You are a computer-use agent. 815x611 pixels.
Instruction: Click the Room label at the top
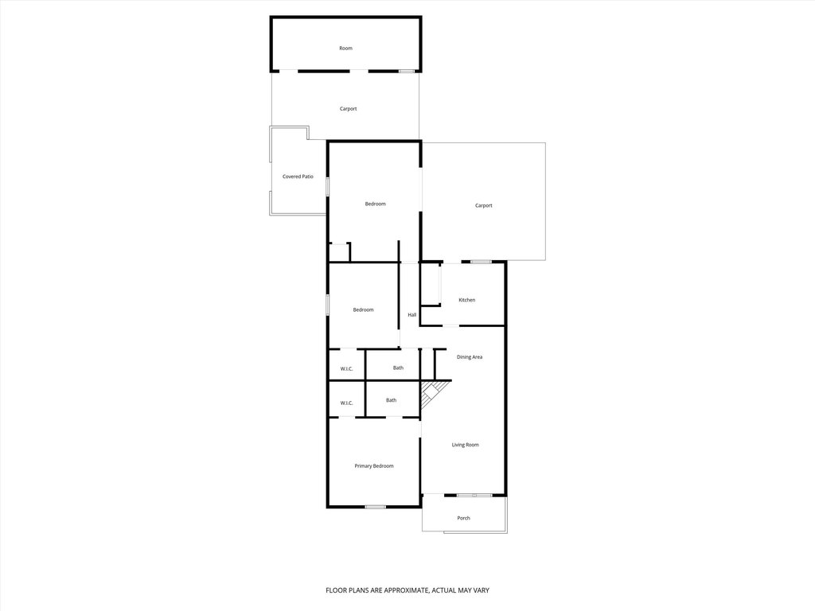pyautogui.click(x=345, y=49)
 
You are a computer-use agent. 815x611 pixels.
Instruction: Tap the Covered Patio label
pyautogui.click(x=298, y=177)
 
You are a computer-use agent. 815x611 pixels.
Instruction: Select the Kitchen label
pyautogui.click(x=466, y=300)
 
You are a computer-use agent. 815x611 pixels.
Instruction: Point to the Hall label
pyautogui.click(x=412, y=315)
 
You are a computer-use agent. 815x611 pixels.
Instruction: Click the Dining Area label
pyautogui.click(x=470, y=357)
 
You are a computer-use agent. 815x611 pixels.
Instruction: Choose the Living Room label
pyautogui.click(x=465, y=445)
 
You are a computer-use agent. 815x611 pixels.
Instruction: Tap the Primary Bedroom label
pyautogui.click(x=374, y=466)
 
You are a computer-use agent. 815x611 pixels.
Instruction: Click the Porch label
pyautogui.click(x=464, y=518)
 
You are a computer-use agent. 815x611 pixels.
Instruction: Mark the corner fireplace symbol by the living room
pyautogui.click(x=432, y=393)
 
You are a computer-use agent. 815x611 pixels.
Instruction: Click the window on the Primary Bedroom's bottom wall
pyautogui.click(x=376, y=507)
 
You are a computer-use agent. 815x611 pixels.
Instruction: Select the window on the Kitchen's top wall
pyautogui.click(x=481, y=262)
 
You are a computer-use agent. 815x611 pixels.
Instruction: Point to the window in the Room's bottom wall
pyautogui.click(x=407, y=71)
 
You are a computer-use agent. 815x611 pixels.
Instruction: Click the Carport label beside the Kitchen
pyautogui.click(x=483, y=206)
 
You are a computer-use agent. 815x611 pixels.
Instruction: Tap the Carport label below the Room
pyautogui.click(x=349, y=109)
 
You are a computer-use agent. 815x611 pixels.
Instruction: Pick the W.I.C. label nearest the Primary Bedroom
pyautogui.click(x=347, y=403)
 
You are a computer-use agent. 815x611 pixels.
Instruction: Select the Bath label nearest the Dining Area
pyautogui.click(x=398, y=368)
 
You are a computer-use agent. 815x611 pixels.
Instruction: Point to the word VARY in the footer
pyautogui.click(x=482, y=590)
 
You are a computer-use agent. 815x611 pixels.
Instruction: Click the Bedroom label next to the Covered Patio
pyautogui.click(x=376, y=204)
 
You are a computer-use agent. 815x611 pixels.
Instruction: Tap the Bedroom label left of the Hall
pyautogui.click(x=363, y=310)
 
